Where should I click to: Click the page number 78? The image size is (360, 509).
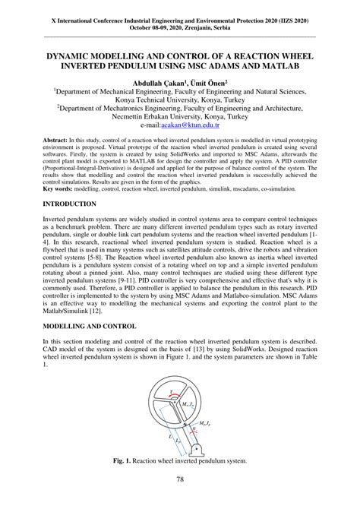180,479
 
